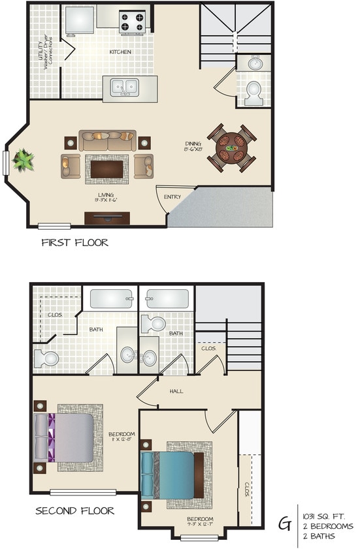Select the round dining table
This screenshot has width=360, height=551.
tap(233, 150)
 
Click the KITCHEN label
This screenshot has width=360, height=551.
tap(120, 52)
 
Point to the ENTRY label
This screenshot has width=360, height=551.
tap(172, 197)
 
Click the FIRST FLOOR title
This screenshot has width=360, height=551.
tap(74, 243)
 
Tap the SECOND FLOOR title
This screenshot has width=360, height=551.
tap(74, 511)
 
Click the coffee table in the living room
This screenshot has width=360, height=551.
tap(106, 168)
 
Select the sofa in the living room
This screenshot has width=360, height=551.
tap(108, 140)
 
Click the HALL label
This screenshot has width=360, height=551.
tap(176, 392)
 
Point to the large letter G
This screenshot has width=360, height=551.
tap(286, 523)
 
